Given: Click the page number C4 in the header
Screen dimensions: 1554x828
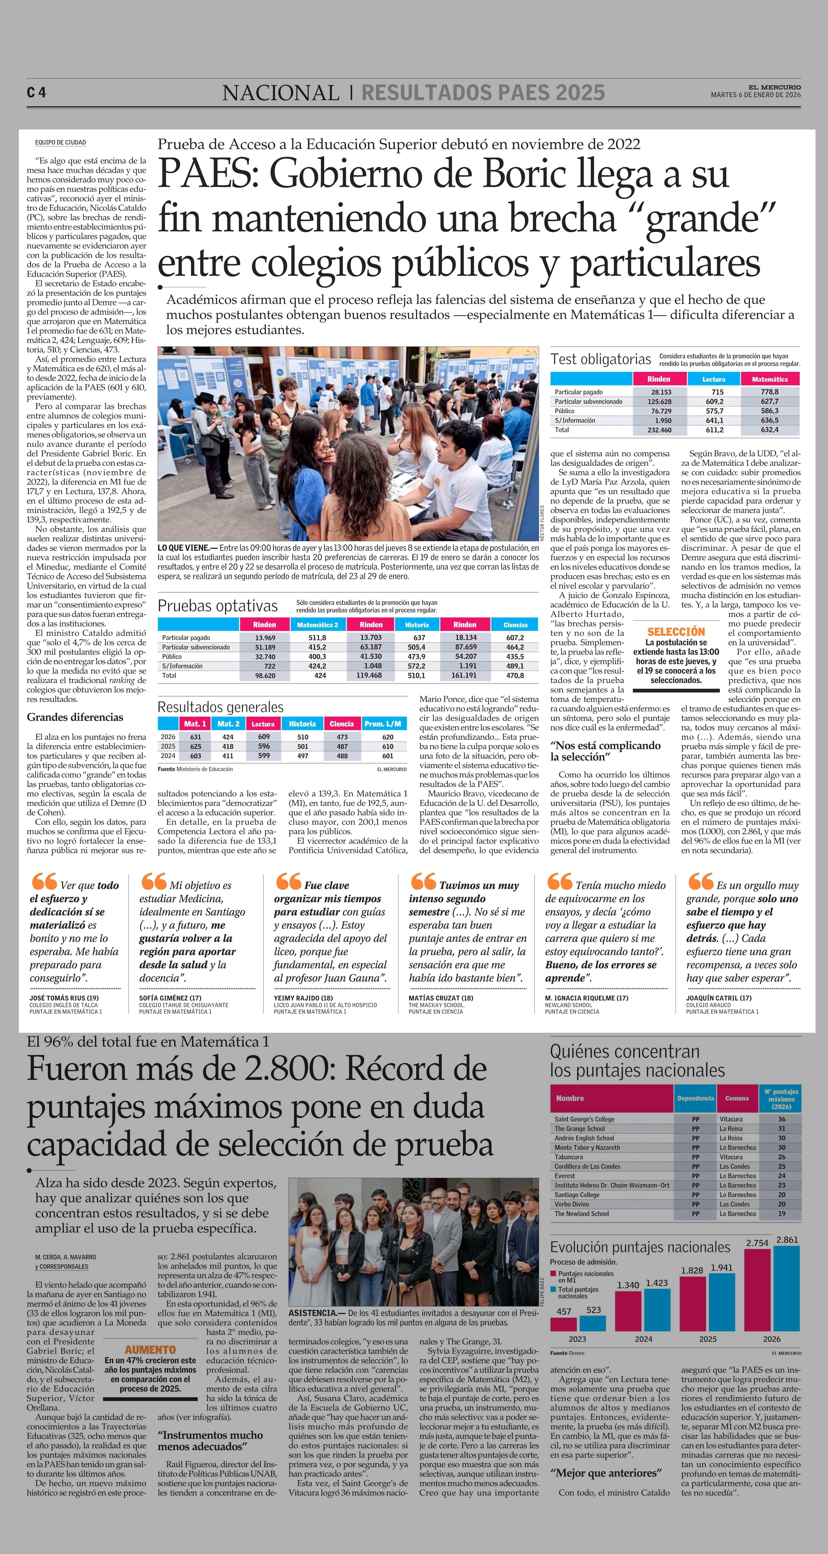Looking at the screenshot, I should (x=36, y=92).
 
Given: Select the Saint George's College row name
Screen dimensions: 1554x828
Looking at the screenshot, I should (x=584, y=1119).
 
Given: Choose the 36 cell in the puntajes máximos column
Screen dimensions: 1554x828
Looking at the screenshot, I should (x=781, y=1119).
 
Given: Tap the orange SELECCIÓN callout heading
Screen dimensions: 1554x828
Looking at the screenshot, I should (x=676, y=632).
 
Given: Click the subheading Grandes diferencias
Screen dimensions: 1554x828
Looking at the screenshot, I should (x=75, y=717).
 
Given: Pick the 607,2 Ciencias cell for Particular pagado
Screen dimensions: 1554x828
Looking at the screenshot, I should (x=515, y=638).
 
